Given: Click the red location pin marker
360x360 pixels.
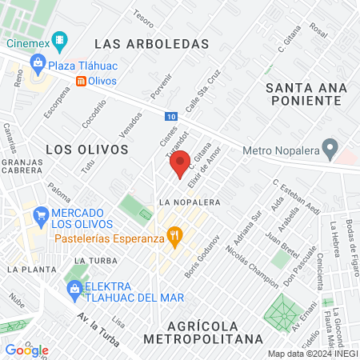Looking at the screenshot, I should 178,165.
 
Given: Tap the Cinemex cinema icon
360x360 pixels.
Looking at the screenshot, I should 58,40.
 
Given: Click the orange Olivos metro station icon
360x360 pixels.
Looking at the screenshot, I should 82,81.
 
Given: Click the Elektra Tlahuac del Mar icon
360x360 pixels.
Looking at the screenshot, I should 74,288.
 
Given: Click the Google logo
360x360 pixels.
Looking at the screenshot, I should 26,350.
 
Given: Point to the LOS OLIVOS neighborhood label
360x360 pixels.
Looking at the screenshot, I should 86,149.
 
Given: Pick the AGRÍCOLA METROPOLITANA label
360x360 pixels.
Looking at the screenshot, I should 202,332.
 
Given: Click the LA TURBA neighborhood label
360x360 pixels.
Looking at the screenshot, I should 90,261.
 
